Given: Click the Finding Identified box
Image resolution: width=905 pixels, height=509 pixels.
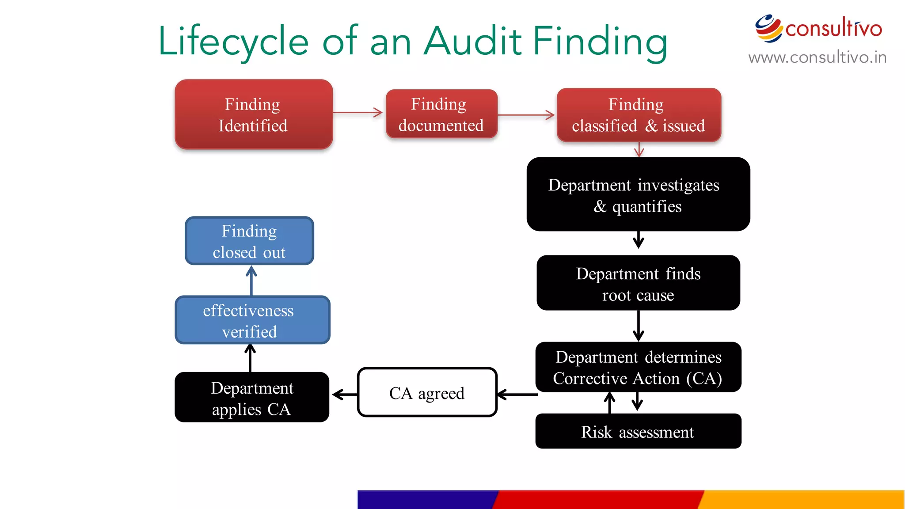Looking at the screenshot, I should [x=253, y=114].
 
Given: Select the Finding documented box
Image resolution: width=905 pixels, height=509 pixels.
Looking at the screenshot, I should [x=441, y=114].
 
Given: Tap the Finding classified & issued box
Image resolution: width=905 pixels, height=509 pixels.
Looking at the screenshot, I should [x=639, y=115].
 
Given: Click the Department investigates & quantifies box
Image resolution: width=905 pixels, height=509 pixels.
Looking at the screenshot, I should [x=638, y=194].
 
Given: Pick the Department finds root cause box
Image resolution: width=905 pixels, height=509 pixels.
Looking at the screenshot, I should [x=638, y=283].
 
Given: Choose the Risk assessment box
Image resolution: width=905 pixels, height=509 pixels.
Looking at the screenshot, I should [x=638, y=431].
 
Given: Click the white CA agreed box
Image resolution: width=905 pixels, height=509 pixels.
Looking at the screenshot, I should [x=427, y=392].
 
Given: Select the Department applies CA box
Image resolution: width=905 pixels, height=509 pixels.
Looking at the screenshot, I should [x=252, y=398].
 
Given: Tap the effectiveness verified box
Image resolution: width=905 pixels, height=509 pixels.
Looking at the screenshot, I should [x=252, y=320].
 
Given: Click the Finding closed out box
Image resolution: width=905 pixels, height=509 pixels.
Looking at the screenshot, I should [x=249, y=241].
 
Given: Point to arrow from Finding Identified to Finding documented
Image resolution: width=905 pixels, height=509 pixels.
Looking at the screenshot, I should [x=357, y=112].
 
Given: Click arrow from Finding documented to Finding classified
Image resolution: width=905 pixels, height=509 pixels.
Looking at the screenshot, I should [x=526, y=115].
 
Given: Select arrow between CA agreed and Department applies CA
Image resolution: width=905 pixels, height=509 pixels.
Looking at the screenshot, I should [x=344, y=394].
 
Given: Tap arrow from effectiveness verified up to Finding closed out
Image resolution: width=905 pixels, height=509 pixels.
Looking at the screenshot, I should [x=251, y=281].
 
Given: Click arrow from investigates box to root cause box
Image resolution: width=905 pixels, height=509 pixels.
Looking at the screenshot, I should [x=638, y=239].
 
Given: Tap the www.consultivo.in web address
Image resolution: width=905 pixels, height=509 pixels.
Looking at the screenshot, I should [x=817, y=57].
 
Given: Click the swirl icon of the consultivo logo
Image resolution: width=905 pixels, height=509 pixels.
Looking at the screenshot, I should [x=768, y=28].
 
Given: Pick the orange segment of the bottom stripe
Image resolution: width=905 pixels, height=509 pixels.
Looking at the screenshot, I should [x=802, y=499].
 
